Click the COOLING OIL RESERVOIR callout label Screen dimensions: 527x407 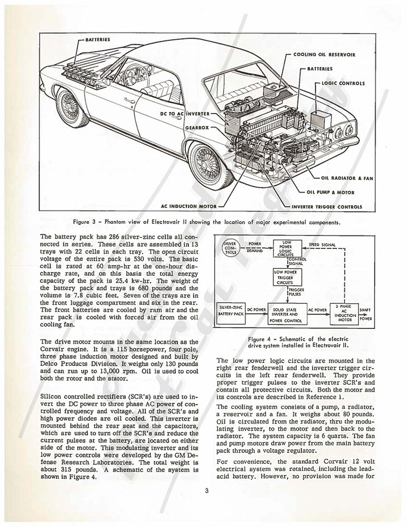[324, 55]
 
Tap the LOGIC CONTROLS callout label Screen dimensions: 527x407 [343, 83]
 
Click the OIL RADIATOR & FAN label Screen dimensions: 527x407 [347, 178]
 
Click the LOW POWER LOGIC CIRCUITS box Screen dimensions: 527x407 [287, 248]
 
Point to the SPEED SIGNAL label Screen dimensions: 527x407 [323, 244]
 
